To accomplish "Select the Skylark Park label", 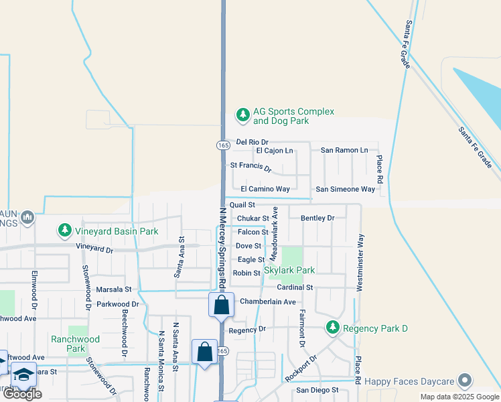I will pyautogui.click(x=289, y=270).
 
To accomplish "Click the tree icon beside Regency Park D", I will pyautogui.click(x=332, y=328).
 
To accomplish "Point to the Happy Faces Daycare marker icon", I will pyautogui.click(x=465, y=381).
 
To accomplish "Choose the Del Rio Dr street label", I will pyautogui.click(x=252, y=142).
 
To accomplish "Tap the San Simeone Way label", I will pyautogui.click(x=345, y=190).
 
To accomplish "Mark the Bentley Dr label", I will pyautogui.click(x=317, y=218).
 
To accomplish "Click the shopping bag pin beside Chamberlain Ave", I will pyautogui.click(x=222, y=306).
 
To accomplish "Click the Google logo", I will pyautogui.click(x=22, y=394).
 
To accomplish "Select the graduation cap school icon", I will pyautogui.click(x=23, y=375).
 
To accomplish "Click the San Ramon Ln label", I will pyautogui.click(x=344, y=151).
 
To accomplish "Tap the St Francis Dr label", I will pyautogui.click(x=250, y=166).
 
